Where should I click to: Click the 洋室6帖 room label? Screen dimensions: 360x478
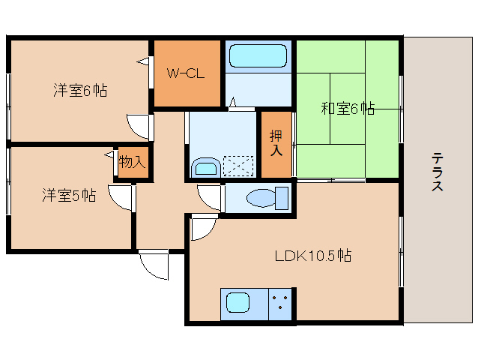click(x=79, y=91)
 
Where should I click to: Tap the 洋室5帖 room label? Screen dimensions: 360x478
click(x=68, y=195)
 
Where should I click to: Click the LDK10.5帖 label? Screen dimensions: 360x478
click(x=312, y=255)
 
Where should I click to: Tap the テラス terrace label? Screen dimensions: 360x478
click(x=437, y=172)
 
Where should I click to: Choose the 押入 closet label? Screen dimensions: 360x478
click(x=276, y=143)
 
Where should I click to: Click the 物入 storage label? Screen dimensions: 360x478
click(x=132, y=162)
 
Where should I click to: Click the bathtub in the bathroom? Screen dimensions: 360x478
click(x=258, y=56)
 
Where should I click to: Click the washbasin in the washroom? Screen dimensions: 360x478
click(x=205, y=166)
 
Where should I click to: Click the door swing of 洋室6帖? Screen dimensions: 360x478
click(x=139, y=125)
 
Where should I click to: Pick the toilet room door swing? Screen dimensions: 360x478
click(x=211, y=197)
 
